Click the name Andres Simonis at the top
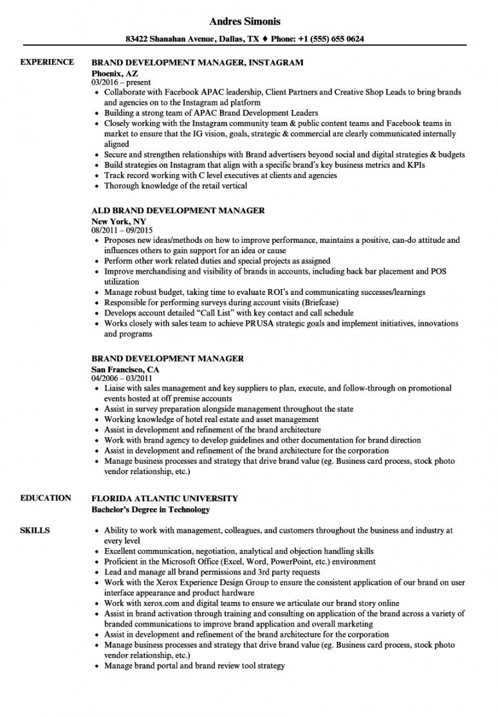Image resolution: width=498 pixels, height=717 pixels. coord(248,21)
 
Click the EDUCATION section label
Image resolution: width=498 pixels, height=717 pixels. coord(46,498)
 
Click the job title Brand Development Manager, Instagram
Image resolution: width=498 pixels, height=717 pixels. coord(197,63)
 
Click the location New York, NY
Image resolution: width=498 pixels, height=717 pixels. coord(118,221)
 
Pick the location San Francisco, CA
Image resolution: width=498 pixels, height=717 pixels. coord(125,369)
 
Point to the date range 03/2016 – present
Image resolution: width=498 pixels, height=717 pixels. coord(121,83)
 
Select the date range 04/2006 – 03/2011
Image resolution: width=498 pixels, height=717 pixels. coord(125,379)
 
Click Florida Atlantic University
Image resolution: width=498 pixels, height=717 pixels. coord(165,498)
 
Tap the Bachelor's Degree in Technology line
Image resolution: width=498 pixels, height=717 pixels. coord(151,510)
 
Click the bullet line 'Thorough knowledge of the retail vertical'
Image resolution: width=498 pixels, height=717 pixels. coord(176,186)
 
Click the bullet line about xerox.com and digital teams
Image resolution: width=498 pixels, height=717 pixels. coord(252,603)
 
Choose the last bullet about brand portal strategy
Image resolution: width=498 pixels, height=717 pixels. coord(194,666)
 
